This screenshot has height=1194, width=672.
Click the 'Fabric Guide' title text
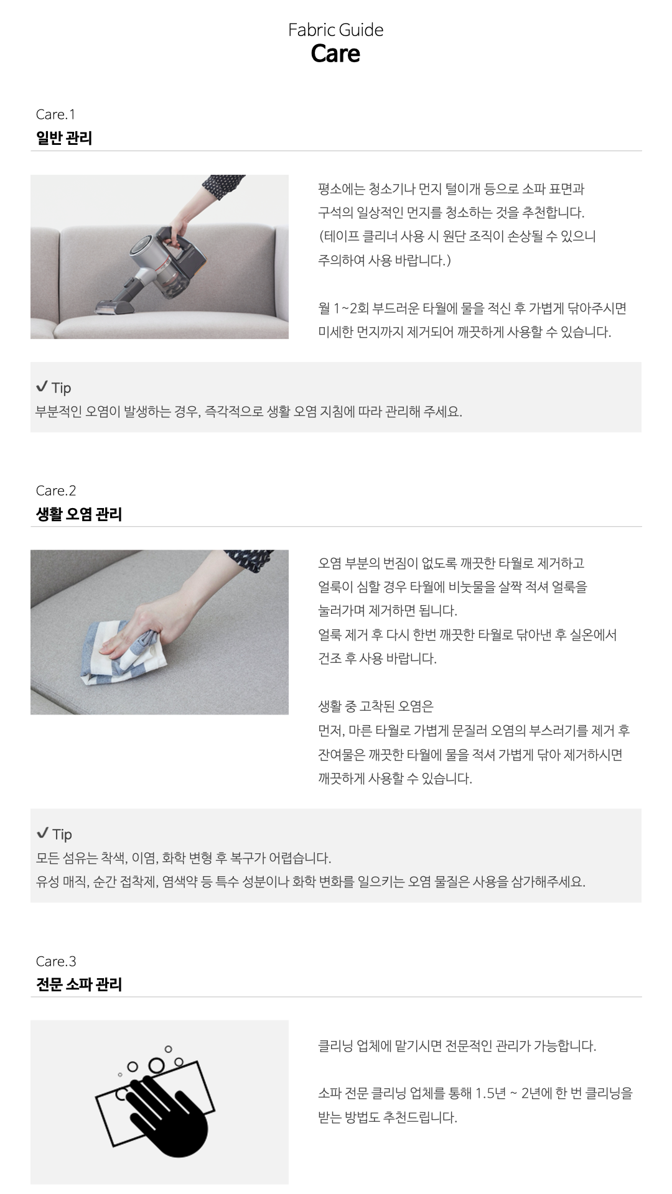coord(335,30)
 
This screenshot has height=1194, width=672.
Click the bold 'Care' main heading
coord(335,53)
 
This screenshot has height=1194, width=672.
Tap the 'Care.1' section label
coord(55,114)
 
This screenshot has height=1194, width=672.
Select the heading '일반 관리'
coord(64,137)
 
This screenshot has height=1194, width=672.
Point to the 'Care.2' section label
coord(56,491)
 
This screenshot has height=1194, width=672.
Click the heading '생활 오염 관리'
coord(79,514)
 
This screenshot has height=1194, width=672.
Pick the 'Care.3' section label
coord(56,961)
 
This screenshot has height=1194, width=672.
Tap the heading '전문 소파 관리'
coord(79,984)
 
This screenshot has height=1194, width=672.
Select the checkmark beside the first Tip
coord(42,387)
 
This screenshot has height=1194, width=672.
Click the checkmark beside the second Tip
coord(42,833)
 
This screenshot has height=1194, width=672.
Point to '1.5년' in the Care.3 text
coord(490,1093)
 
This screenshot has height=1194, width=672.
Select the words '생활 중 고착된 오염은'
coord(376,706)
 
